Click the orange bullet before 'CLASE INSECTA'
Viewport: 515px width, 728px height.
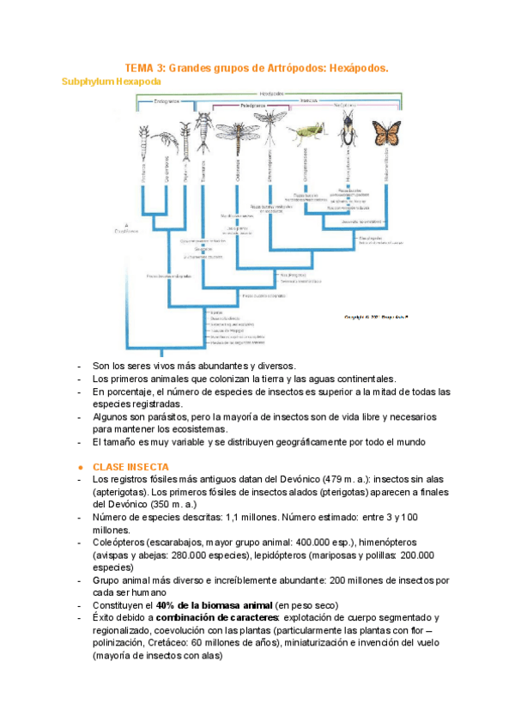[x=79, y=466]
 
